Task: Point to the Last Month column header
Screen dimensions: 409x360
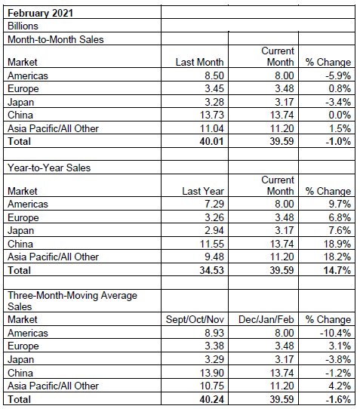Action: [198, 63]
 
